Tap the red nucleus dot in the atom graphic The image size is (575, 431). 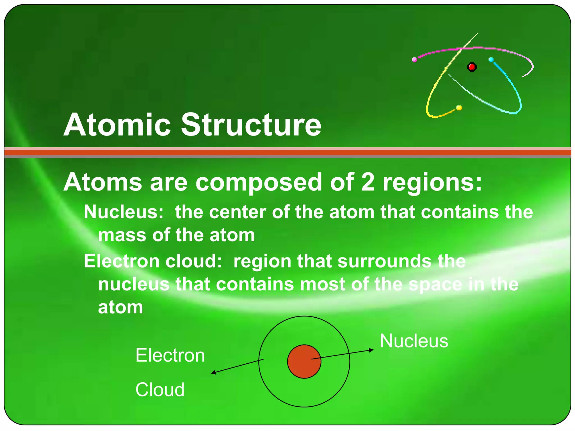472,67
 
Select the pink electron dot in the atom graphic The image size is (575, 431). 414,59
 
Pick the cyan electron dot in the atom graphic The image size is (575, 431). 491,60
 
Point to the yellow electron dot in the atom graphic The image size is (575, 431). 459,108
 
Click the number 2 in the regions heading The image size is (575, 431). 368,182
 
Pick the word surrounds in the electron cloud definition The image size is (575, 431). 385,261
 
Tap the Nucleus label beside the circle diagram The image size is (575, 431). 414,341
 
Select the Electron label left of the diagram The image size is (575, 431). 170,355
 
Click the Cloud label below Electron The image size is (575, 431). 160,389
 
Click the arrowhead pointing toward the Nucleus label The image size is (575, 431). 371,350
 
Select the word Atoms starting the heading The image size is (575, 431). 102,182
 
